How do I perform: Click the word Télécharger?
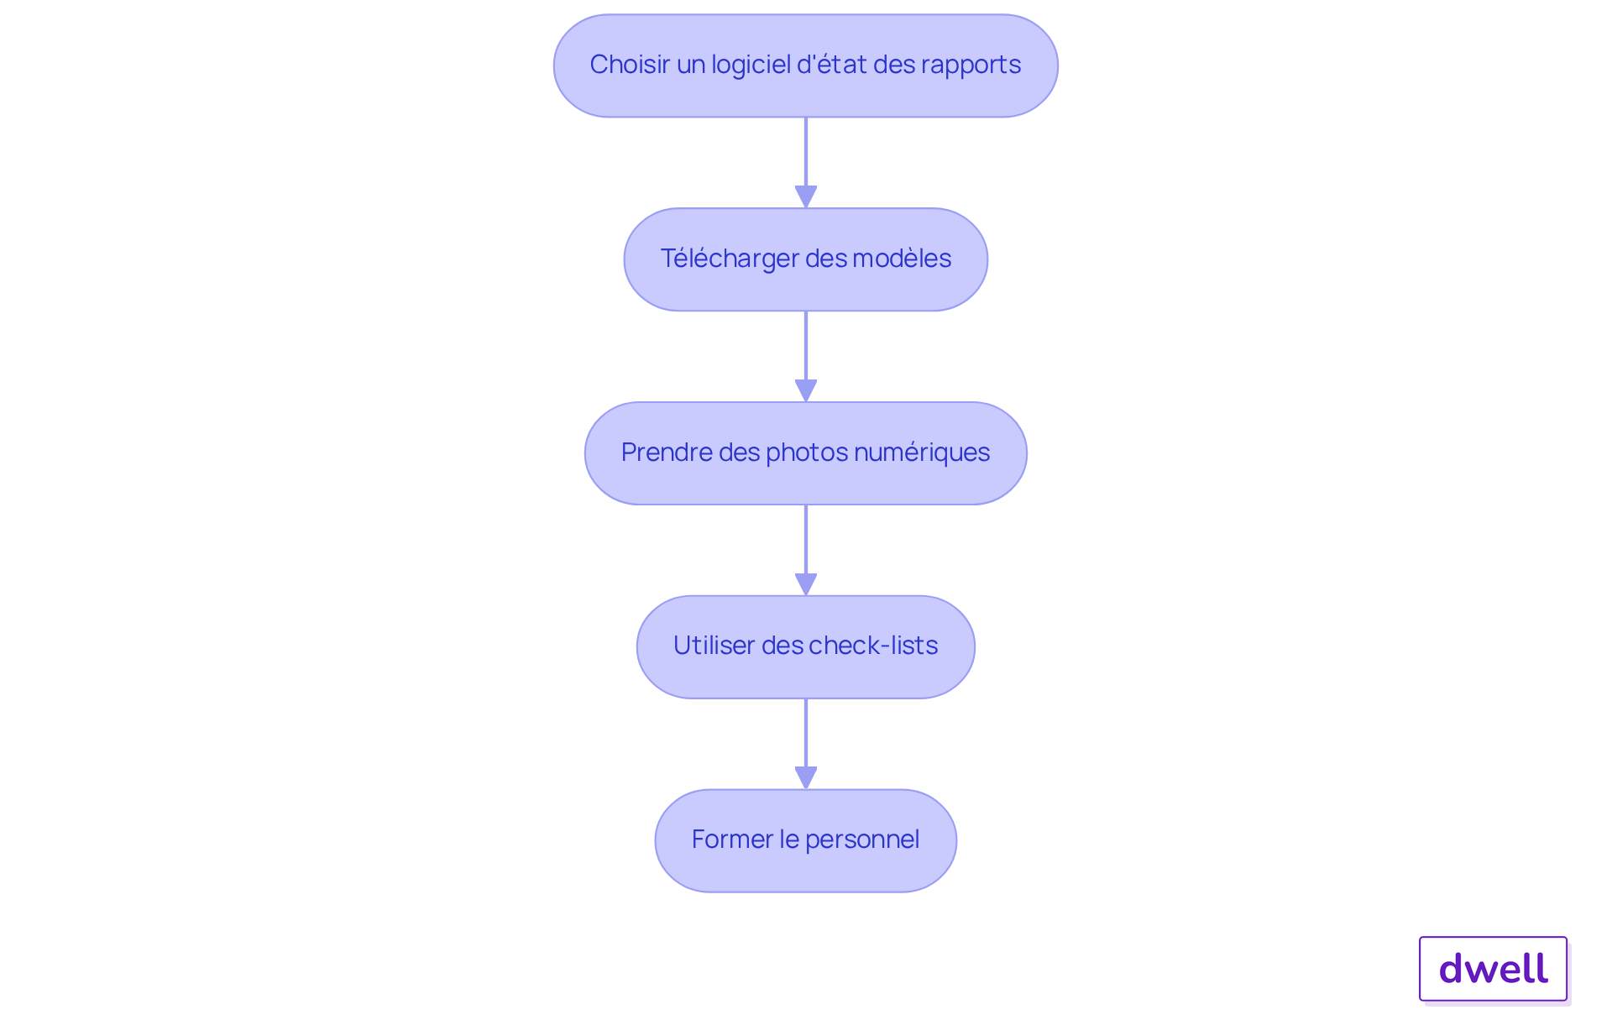(x=729, y=259)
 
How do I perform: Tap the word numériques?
(x=922, y=452)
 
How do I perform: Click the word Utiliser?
(x=714, y=646)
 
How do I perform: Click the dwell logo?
(x=1493, y=969)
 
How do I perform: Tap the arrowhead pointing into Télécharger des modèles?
(x=806, y=197)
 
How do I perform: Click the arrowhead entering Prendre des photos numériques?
(x=806, y=391)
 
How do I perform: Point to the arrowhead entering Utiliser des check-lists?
(x=806, y=585)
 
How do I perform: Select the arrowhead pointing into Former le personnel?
(x=806, y=778)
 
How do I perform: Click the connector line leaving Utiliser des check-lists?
(x=806, y=730)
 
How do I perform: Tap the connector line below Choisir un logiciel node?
(x=806, y=151)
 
